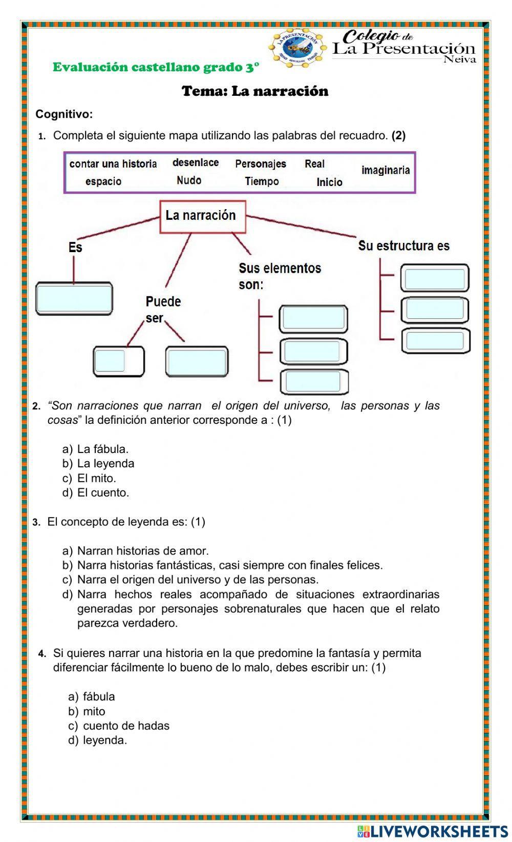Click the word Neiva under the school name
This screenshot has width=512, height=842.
459,59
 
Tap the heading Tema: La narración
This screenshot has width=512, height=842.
255,91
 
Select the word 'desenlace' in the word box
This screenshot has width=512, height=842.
196,162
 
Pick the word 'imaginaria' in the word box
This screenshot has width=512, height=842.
386,170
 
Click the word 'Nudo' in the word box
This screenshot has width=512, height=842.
189,180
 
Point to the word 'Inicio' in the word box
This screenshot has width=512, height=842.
329,182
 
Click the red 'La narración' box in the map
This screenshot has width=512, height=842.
203,216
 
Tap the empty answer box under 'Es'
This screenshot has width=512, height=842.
74,298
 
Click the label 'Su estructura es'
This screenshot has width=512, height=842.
403,245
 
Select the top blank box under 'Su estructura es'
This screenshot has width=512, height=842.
435,279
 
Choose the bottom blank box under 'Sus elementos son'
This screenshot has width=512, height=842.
313,381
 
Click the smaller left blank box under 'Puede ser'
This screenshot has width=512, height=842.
110,361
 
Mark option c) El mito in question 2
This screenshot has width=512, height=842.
96,478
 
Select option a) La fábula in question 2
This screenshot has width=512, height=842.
102,449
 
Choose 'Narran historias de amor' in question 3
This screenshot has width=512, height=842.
143,551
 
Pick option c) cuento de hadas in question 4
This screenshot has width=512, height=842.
126,726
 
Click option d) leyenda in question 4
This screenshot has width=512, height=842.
105,740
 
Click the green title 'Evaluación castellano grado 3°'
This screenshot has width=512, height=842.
156,67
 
